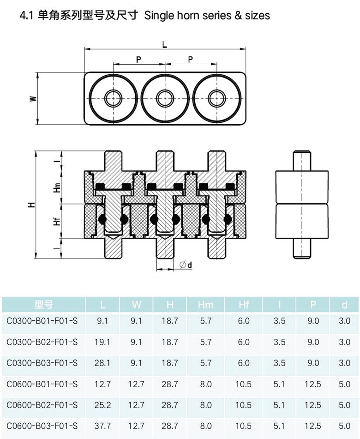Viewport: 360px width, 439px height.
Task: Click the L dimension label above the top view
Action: pos(165,44)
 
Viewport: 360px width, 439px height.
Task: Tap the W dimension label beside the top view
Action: pos(33,99)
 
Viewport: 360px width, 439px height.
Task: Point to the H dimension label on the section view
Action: pos(32,204)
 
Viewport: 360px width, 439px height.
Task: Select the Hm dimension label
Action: pos(57,187)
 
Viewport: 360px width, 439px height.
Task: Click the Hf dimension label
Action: pos(57,221)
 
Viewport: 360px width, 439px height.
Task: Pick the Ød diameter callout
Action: pos(186,265)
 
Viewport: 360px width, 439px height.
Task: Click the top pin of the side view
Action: pos(302,161)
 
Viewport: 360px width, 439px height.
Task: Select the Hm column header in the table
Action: pos(206,305)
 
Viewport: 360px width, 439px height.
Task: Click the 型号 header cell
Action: pos(44,305)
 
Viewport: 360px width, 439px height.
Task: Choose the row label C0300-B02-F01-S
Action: pos(42,342)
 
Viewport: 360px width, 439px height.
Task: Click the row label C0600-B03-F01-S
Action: pos(42,426)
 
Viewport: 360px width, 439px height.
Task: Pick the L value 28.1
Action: pos(102,363)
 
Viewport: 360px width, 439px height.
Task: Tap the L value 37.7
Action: pos(102,426)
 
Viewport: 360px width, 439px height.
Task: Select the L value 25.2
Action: pos(102,405)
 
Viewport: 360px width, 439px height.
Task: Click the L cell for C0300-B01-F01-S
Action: pos(102,321)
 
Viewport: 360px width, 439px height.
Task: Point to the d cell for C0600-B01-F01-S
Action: pos(345,384)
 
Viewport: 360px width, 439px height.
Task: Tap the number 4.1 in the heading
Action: pos(26,16)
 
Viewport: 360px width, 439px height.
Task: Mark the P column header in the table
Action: pos(313,305)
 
